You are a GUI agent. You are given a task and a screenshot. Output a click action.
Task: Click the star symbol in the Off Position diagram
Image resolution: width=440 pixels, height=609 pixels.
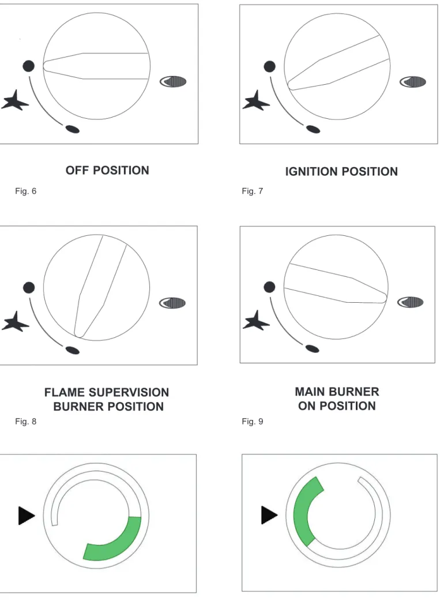coord(15,100)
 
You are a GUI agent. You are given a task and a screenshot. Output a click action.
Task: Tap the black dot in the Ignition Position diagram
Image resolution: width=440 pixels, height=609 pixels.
coord(269,66)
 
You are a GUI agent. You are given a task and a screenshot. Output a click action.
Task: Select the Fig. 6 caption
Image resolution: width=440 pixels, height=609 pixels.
coord(25,191)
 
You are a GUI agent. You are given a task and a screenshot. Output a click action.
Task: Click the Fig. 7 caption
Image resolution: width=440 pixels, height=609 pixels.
coord(253,191)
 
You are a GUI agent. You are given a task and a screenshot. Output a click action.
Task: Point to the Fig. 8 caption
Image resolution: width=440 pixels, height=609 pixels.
coord(25,421)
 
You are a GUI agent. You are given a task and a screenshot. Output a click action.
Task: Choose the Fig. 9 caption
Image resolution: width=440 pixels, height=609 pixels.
coord(253,421)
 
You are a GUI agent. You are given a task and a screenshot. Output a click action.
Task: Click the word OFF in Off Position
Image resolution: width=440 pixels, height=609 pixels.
coord(77,170)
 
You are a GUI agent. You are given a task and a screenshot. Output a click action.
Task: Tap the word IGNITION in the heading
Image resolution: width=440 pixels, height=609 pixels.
coord(311,171)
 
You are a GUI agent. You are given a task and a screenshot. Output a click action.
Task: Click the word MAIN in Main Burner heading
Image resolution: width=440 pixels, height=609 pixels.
coord(309,392)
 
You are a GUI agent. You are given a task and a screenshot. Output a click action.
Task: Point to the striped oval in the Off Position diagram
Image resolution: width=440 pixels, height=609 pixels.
coord(173,81)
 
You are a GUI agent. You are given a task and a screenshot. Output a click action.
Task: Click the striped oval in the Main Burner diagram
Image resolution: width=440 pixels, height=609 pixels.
coord(410,302)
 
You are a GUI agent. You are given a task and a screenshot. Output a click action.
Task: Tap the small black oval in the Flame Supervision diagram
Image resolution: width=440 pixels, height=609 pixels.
coord(72,350)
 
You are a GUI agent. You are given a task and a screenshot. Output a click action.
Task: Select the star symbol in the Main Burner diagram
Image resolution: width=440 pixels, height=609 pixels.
coord(255,321)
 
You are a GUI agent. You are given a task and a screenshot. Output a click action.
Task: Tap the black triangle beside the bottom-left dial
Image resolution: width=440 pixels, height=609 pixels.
coord(27,516)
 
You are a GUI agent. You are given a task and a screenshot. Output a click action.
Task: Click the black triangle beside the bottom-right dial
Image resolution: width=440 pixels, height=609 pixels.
coord(269,515)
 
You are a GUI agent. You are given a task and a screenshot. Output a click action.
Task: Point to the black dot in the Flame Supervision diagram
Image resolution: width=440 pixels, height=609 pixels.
coord(29,288)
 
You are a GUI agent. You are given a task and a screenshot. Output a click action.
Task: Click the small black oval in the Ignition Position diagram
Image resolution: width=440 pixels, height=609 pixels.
coord(313,129)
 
